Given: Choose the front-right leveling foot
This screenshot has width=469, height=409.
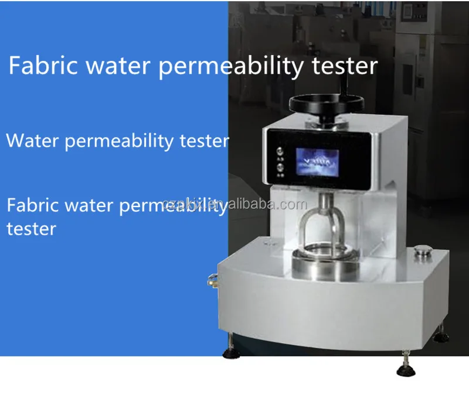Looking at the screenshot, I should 406,369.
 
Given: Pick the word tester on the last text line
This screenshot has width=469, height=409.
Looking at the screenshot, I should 30,228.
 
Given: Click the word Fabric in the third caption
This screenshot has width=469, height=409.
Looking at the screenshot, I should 31,205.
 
